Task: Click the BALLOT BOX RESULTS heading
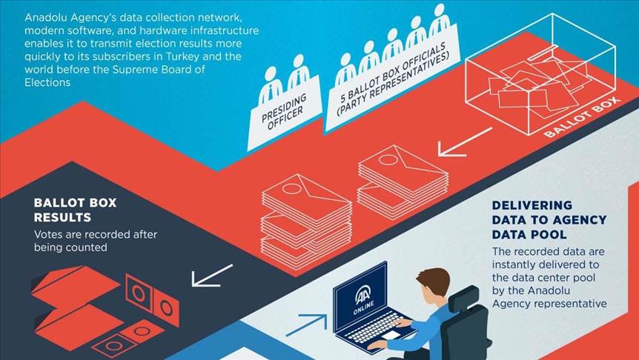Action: click(75, 210)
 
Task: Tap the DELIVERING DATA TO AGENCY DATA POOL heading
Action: click(549, 220)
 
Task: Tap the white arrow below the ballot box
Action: click(464, 141)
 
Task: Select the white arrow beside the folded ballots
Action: click(211, 276)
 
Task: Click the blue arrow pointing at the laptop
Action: click(306, 324)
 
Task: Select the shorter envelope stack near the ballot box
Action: click(403, 181)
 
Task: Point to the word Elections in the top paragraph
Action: click(47, 83)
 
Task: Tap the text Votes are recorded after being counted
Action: click(95, 241)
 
